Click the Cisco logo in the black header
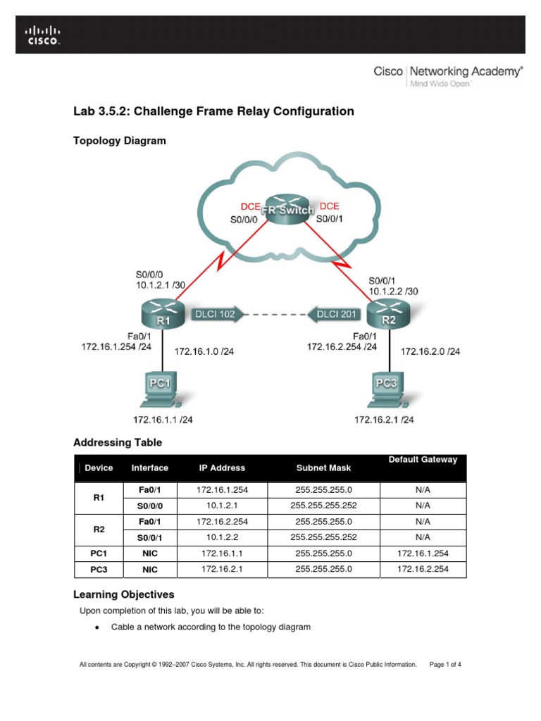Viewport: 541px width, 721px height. [43, 35]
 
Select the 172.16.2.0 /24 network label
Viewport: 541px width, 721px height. [430, 351]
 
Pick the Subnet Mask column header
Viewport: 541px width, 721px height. [323, 468]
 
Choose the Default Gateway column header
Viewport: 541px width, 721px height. [423, 460]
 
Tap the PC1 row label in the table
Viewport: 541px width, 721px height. [99, 553]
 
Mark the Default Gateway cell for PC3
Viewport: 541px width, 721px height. [423, 569]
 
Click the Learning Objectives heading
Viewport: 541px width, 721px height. [124, 594]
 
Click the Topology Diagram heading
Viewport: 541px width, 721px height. [120, 141]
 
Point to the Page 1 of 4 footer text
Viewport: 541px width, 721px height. [445, 664]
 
